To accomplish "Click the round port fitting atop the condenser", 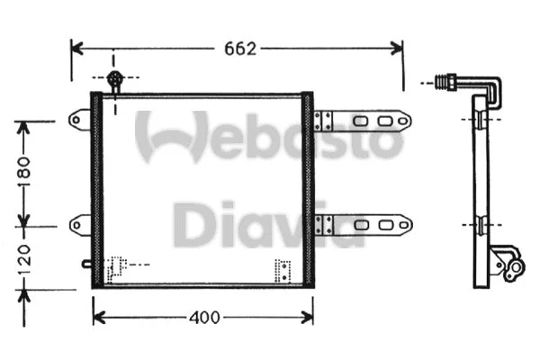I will tap(114, 80).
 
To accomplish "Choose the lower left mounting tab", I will tap(79, 221).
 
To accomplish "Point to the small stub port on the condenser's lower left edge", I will tap(85, 264).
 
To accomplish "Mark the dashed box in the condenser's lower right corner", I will tap(283, 270).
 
